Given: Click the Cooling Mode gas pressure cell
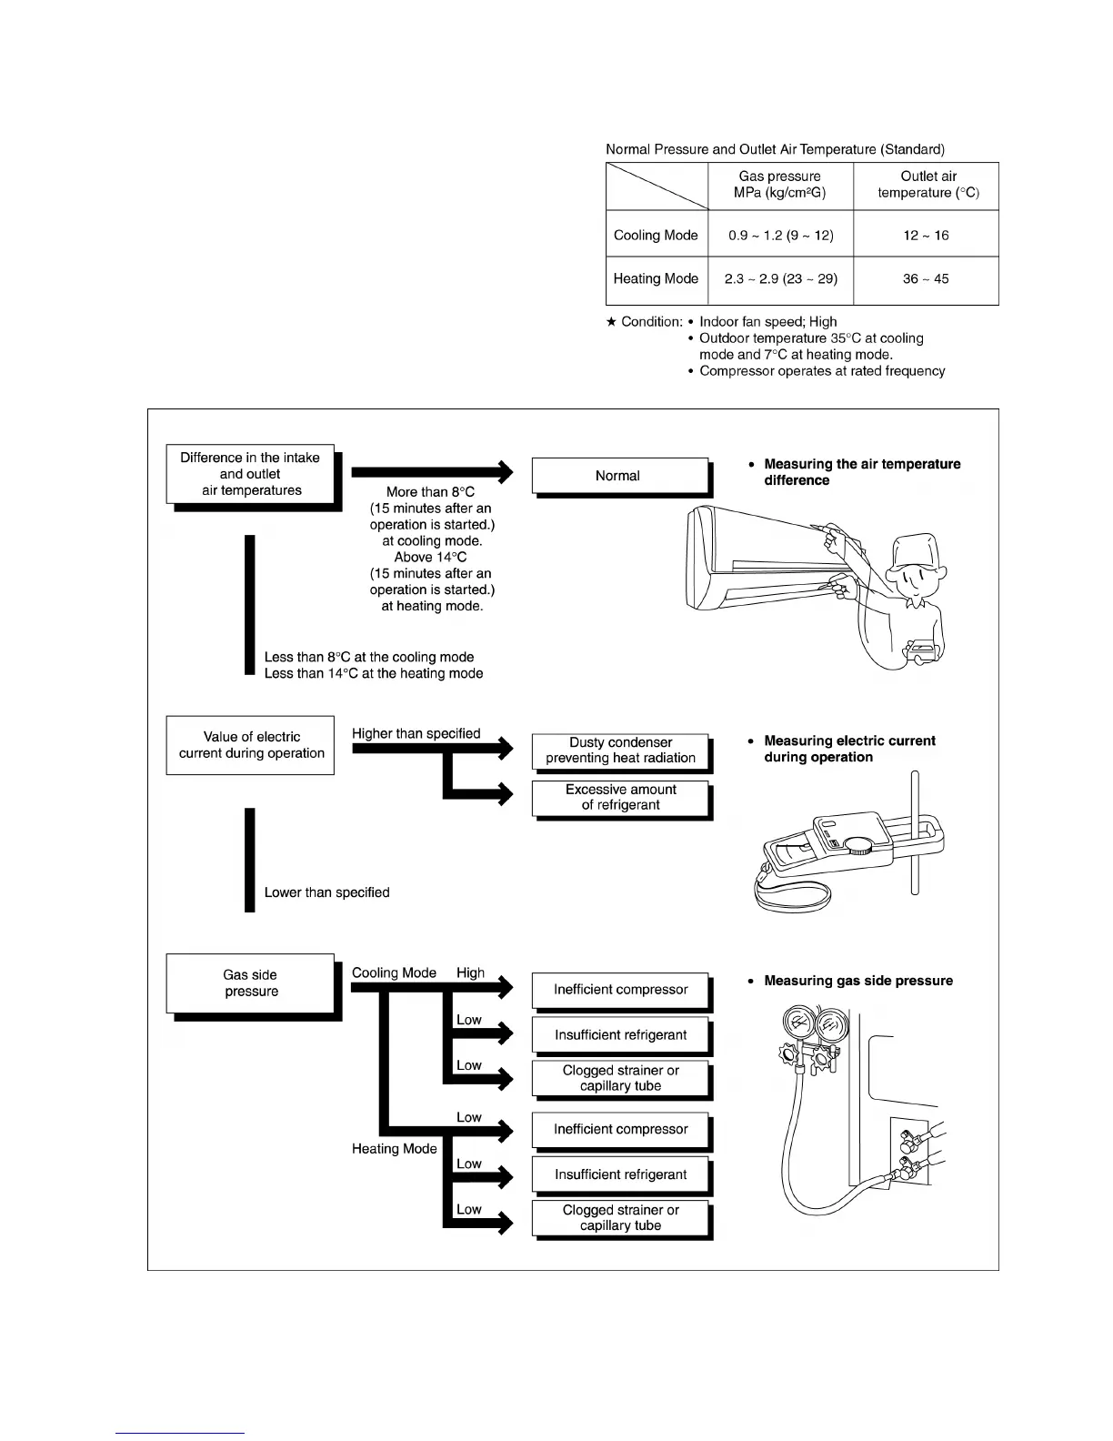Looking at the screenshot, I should click(x=780, y=235).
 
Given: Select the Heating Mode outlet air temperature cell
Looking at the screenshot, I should click(x=926, y=279).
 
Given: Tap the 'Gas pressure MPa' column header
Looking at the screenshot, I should click(x=780, y=185).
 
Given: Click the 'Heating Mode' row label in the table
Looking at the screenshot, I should click(x=656, y=279).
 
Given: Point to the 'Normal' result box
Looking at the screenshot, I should click(x=618, y=476).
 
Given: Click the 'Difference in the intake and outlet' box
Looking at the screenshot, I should click(x=250, y=474).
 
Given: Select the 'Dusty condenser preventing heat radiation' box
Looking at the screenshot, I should click(x=620, y=751).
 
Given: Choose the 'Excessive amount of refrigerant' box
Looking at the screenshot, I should click(x=620, y=798).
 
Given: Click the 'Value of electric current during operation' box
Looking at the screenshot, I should click(x=251, y=745).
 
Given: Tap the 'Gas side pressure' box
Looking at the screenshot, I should click(x=251, y=983).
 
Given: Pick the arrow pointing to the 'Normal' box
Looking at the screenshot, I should click(x=432, y=472).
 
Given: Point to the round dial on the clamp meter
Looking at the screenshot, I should click(x=857, y=846).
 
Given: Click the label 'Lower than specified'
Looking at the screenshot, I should click(x=326, y=892).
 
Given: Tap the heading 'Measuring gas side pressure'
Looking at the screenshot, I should click(x=858, y=981).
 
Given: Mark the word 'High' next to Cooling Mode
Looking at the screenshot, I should click(x=470, y=972).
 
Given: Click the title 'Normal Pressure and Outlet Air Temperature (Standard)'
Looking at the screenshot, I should click(x=775, y=149).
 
